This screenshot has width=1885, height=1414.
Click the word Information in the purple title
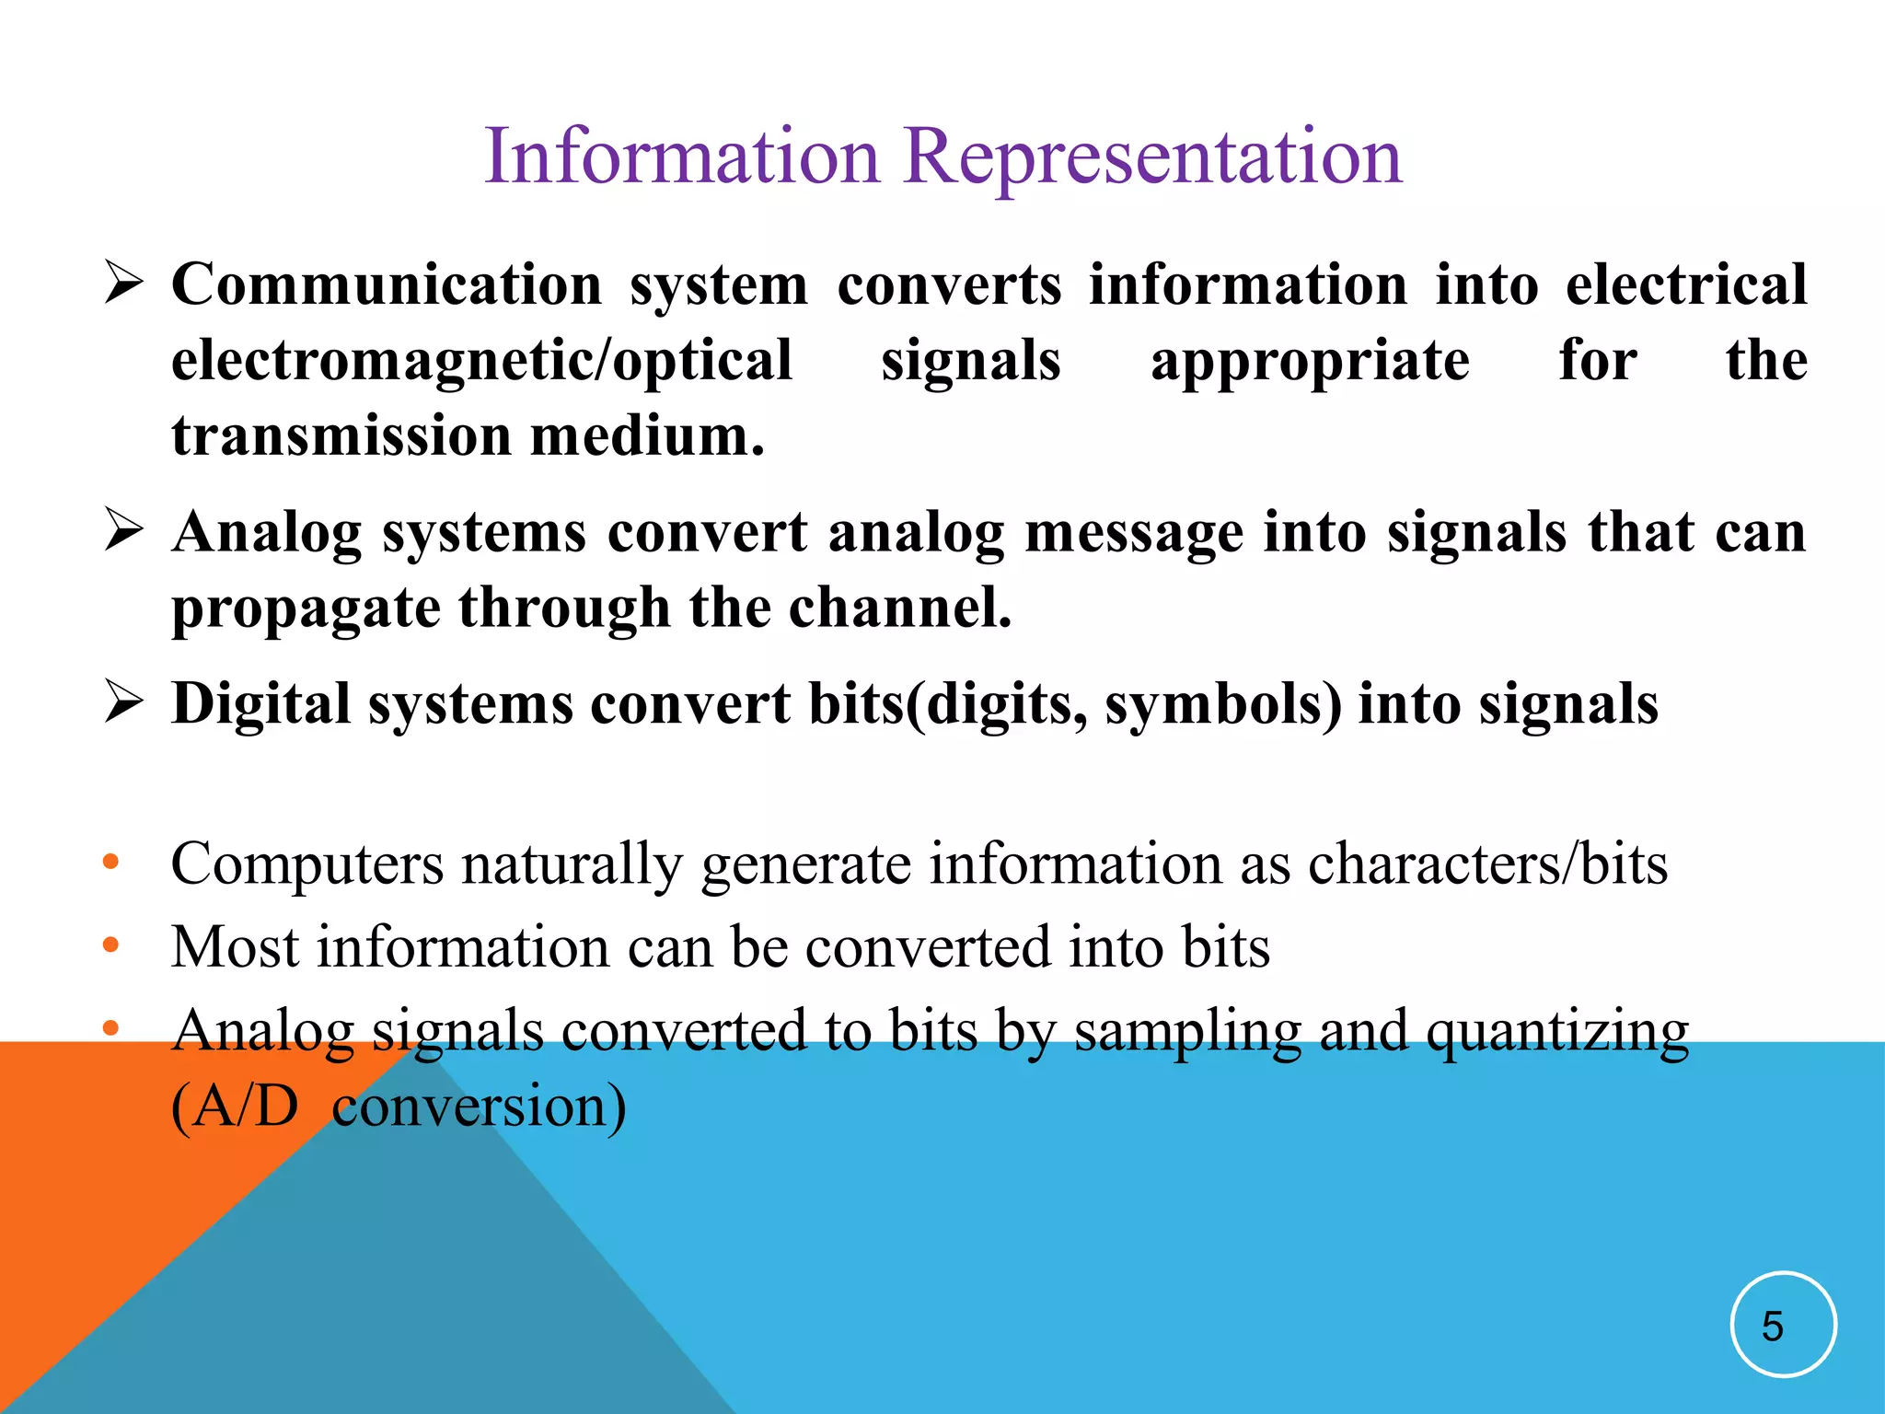coord(682,156)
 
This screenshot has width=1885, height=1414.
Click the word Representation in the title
coord(1152,156)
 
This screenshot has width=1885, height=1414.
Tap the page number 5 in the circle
coord(1773,1327)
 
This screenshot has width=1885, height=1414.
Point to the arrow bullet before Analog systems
coord(123,530)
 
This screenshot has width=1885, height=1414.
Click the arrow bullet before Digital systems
coord(123,701)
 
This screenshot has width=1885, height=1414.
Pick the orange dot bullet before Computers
coord(111,863)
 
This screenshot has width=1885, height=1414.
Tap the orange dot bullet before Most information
coord(111,945)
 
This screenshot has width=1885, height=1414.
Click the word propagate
coord(305,608)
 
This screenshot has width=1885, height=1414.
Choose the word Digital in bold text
coord(261,704)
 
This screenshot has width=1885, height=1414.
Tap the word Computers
coord(306,864)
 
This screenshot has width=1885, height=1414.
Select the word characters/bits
coord(1487,864)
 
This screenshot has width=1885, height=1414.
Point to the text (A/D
coord(235,1107)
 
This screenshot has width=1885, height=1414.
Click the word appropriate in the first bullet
coord(1310,361)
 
